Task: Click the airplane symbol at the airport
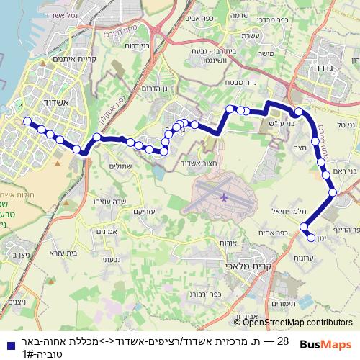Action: point(223,196)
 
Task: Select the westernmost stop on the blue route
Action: point(27,122)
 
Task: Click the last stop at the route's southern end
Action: point(311,237)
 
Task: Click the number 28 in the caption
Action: point(282,341)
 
